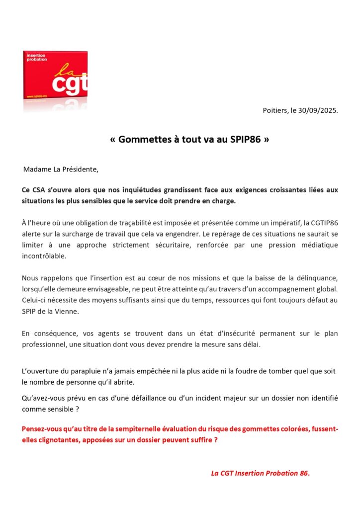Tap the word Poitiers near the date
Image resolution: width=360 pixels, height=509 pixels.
(x=275, y=110)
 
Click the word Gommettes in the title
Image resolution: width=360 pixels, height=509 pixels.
(x=143, y=140)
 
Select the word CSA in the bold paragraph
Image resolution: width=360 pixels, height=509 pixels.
(x=40, y=190)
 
